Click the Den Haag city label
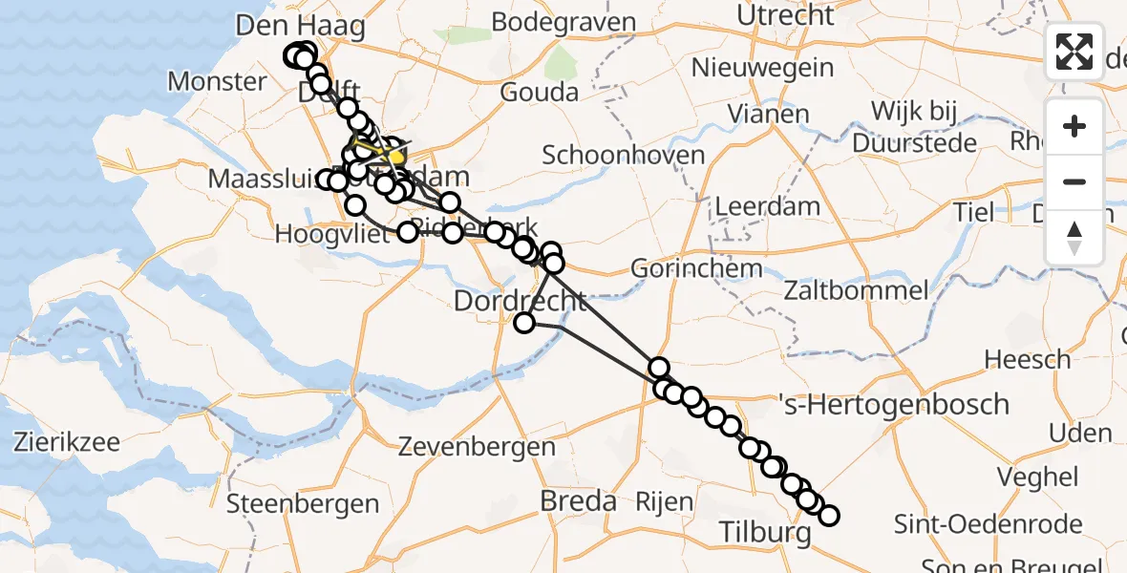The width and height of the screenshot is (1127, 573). pos(300,26)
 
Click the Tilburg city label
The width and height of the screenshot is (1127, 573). pos(763,531)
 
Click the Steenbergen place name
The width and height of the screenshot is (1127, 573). pos(303,503)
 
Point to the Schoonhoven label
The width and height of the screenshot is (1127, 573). pos(624,155)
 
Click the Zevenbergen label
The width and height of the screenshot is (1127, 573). pos(477,446)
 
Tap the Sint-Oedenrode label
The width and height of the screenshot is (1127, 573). pos(989,523)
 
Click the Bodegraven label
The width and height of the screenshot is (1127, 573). pos(565,23)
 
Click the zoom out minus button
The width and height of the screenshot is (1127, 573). pos(1074,181)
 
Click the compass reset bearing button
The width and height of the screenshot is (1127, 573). pos(1074,238)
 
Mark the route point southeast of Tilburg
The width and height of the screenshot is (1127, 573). pos(829,516)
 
